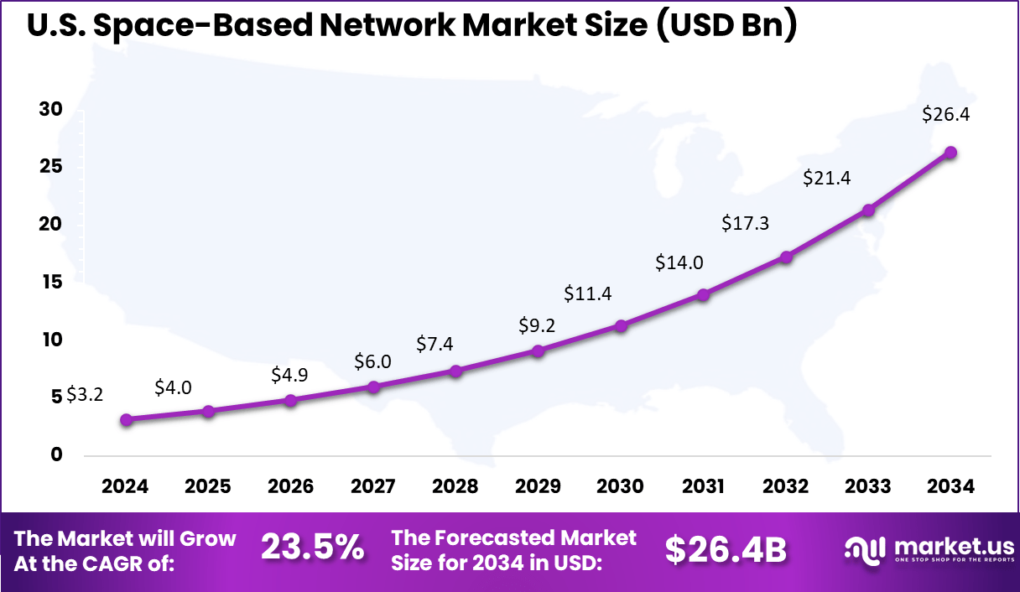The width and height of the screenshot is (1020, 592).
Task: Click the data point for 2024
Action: coord(126,420)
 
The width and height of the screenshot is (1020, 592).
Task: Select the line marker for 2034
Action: coord(950,153)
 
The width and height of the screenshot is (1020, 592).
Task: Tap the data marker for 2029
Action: coord(538,351)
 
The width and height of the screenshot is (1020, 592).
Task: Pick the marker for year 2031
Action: coord(703,295)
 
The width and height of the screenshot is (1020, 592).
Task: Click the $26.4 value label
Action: coord(945,115)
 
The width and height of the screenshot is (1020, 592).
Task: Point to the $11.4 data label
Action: coord(588,293)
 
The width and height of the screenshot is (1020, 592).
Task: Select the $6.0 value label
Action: coord(372,361)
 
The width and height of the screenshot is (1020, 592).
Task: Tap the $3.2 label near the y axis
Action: coord(85,394)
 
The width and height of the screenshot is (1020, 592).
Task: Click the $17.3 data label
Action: coord(746,224)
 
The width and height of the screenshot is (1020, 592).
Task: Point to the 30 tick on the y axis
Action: coord(51,110)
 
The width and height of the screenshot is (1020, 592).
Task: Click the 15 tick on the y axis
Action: coord(51,283)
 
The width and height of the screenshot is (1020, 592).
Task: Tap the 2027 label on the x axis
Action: coord(372,487)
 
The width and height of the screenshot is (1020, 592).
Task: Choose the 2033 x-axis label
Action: coord(868,487)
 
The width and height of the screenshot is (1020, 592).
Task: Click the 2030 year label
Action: coord(620,487)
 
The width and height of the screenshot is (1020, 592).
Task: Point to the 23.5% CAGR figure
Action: coord(312,548)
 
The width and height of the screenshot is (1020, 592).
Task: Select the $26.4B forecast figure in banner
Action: coord(726,550)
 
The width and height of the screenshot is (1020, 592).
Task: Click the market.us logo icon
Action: coord(866,550)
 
